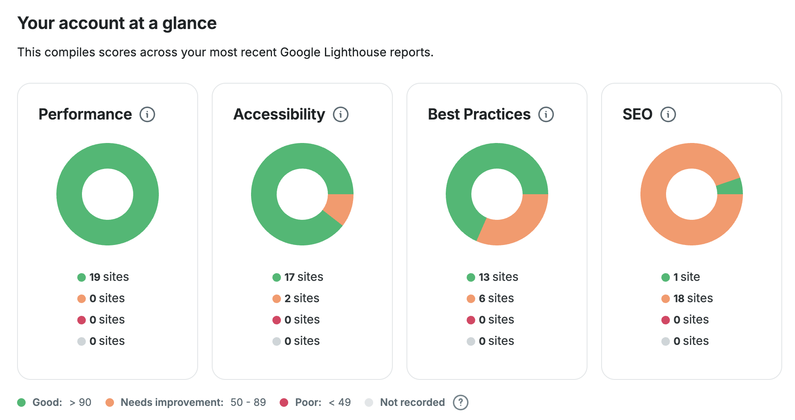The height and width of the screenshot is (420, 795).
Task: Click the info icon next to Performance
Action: (147, 114)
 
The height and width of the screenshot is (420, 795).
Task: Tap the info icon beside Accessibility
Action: (341, 114)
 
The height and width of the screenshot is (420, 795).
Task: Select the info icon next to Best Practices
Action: (546, 114)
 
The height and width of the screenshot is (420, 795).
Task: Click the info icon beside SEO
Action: (668, 114)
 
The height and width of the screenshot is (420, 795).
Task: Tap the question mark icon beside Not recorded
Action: (460, 402)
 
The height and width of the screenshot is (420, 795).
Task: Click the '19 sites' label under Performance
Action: (109, 277)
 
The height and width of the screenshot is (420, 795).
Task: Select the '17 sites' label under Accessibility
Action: (304, 277)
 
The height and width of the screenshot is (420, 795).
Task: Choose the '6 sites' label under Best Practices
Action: (496, 298)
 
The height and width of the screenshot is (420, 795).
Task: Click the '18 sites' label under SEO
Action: (693, 298)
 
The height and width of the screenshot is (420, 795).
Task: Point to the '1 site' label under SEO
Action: (687, 277)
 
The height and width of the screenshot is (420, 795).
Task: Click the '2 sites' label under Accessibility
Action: (302, 298)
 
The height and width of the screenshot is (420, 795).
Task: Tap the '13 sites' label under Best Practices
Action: (498, 277)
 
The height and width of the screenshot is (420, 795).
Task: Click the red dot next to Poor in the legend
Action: (284, 402)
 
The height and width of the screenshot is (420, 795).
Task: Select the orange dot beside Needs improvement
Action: (110, 402)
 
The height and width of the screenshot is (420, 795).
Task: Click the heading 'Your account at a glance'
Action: (117, 23)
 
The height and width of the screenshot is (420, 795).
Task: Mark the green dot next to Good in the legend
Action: (21, 402)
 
